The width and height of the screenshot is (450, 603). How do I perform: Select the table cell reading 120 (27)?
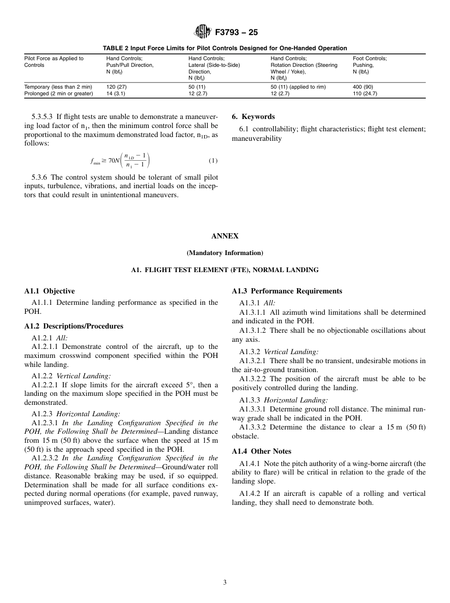pyautogui.click(x=117, y=87)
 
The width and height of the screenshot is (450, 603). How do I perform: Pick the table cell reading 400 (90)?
pyautogui.click(x=362, y=87)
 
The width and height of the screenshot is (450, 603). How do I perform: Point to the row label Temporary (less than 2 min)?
pyautogui.click(x=58, y=87)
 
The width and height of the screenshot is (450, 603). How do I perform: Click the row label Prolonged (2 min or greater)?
pyautogui.click(x=59, y=94)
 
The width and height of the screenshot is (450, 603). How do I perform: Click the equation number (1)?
pyautogui.click(x=213, y=161)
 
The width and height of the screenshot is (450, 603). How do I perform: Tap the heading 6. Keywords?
pyautogui.click(x=253, y=117)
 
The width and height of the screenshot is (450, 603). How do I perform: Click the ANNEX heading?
pyautogui.click(x=225, y=236)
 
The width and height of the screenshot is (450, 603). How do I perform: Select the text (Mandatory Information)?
pyautogui.click(x=225, y=253)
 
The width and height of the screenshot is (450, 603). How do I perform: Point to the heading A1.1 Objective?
pyautogui.click(x=49, y=291)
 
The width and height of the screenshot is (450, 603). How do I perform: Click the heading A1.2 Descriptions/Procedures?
pyautogui.click(x=73, y=326)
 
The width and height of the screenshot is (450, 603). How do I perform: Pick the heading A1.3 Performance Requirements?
pyautogui.click(x=287, y=291)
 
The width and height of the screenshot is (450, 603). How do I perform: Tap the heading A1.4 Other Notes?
pyautogui.click(x=261, y=451)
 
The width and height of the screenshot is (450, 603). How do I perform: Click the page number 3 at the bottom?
pyautogui.click(x=225, y=583)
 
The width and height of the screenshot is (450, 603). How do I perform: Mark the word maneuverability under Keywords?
pyautogui.click(x=257, y=138)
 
